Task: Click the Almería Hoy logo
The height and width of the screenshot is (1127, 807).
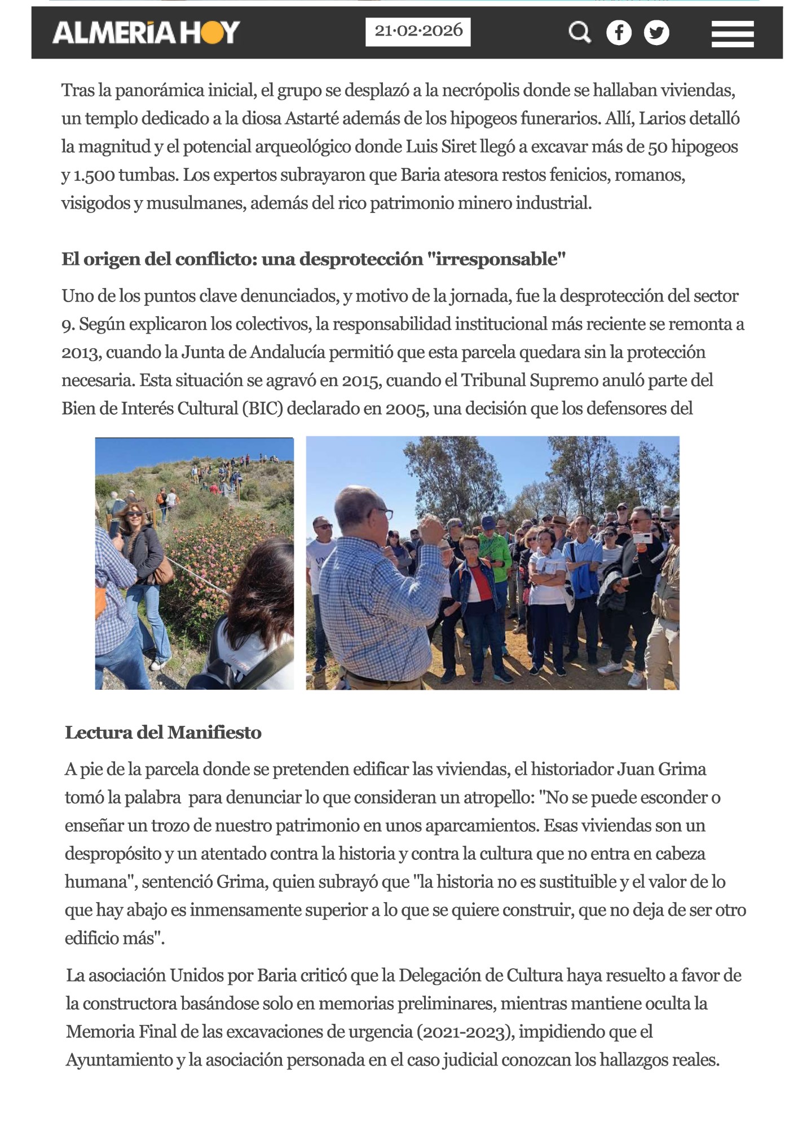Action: (x=146, y=32)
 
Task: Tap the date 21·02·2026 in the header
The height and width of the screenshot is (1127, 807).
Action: (x=418, y=32)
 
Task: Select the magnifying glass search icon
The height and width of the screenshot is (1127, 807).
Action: (x=579, y=32)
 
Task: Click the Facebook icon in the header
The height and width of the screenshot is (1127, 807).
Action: (x=619, y=33)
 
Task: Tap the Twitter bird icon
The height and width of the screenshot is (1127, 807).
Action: (x=656, y=33)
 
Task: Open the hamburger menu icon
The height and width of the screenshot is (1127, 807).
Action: (x=732, y=34)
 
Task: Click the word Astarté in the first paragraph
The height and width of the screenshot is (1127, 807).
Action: (x=312, y=119)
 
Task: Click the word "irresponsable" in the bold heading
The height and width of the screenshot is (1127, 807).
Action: (x=496, y=259)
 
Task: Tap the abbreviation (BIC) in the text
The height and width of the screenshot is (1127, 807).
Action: (x=262, y=409)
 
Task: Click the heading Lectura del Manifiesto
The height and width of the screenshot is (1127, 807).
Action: (x=163, y=733)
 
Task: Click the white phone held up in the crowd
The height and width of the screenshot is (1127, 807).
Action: (x=642, y=538)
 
